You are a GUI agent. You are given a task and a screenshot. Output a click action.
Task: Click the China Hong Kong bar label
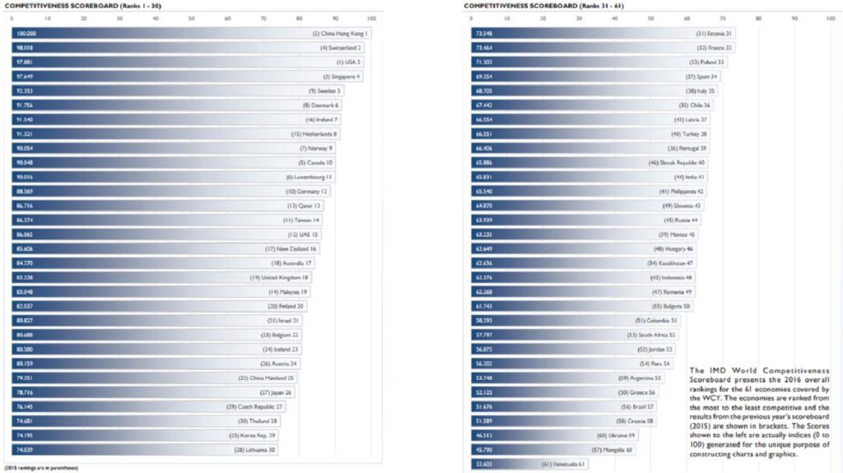(x=341, y=34)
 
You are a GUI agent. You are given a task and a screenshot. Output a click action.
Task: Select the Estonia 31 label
(x=714, y=34)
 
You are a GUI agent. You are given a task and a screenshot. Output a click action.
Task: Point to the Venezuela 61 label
(x=563, y=464)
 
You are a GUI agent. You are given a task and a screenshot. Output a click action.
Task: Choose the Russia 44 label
(x=682, y=220)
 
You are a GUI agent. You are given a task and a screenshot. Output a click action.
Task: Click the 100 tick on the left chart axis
(x=372, y=17)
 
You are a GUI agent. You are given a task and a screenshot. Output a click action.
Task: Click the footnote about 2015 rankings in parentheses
(x=40, y=468)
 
